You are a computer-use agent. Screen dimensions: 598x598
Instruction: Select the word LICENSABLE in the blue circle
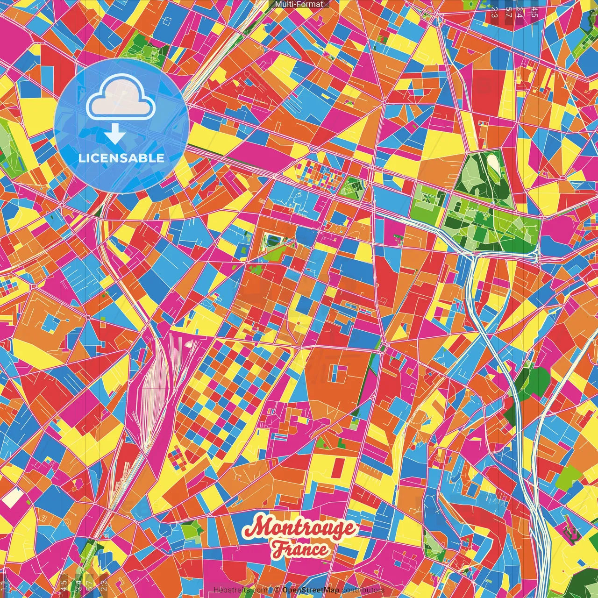pyautogui.click(x=121, y=158)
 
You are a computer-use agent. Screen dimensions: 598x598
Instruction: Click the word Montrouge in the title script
pyautogui.click(x=299, y=528)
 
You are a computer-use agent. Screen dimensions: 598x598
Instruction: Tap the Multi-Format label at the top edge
pyautogui.click(x=299, y=4)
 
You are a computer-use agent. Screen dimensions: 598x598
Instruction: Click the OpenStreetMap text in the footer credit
pyautogui.click(x=311, y=590)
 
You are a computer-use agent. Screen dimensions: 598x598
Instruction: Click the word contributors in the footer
pyautogui.click(x=363, y=590)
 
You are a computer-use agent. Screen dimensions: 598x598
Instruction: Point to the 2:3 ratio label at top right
pyautogui.click(x=494, y=12)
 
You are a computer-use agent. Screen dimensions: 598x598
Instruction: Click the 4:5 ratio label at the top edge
pyautogui.click(x=534, y=12)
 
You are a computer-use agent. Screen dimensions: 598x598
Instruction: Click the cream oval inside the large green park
pyautogui.click(x=492, y=164)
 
